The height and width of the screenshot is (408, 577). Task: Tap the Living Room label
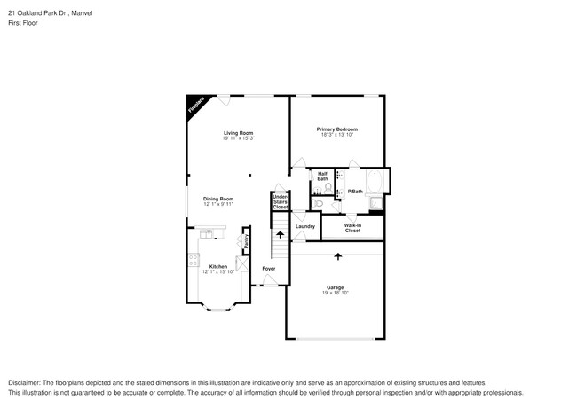[x=238, y=133]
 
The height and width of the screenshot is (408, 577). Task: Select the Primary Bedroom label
[x=337, y=129]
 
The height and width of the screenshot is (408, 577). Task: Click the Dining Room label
[x=218, y=199]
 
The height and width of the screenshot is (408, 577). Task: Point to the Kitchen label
[x=217, y=266]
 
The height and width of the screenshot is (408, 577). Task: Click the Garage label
[x=336, y=287]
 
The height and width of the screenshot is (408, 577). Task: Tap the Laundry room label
[x=305, y=226]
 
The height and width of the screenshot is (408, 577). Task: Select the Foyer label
[x=268, y=268]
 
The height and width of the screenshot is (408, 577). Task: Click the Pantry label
[x=245, y=239]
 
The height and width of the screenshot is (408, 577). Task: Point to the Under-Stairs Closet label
[x=281, y=201]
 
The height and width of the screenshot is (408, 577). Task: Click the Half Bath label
[x=323, y=176]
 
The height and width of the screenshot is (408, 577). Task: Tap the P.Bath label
[x=355, y=192]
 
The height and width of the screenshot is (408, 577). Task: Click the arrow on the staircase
[x=281, y=235]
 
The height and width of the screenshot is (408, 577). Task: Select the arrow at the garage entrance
[x=337, y=257]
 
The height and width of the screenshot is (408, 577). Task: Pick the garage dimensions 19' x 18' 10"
[x=336, y=294]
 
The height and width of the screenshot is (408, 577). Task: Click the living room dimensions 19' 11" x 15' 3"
[x=238, y=139]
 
